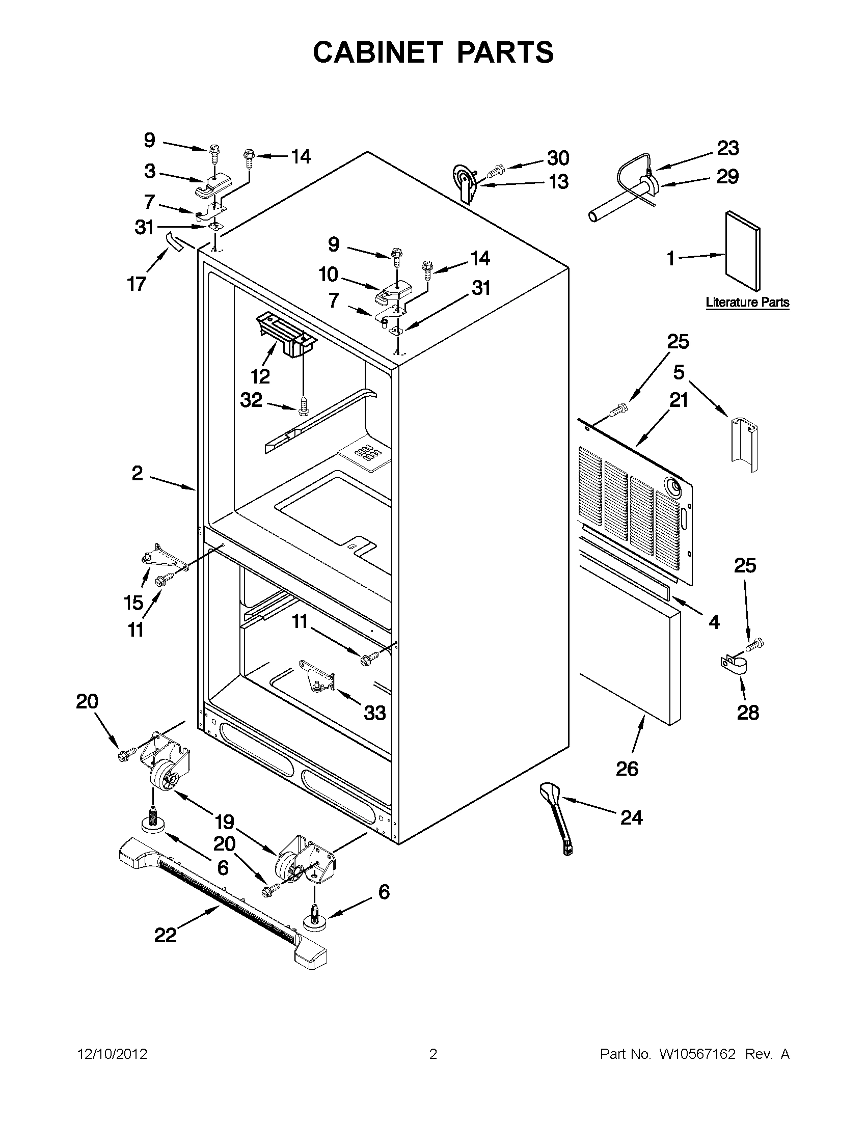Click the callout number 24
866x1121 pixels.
[631, 817]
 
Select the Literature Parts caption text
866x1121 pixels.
[747, 303]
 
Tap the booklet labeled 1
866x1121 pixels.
[743, 251]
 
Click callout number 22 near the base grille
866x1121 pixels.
[165, 935]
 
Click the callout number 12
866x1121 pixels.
[260, 377]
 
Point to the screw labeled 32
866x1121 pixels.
[304, 407]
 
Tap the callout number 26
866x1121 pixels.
[627, 769]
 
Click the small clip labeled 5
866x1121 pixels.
[744, 444]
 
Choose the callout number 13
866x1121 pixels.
[559, 182]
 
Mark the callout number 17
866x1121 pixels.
[137, 283]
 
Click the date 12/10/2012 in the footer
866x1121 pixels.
[112, 1054]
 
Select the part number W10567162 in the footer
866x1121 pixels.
[697, 1054]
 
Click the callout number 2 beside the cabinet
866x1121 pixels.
[137, 473]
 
